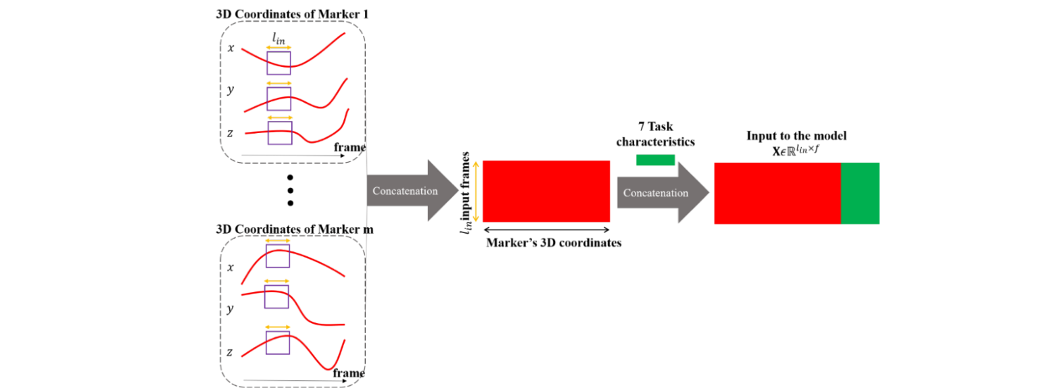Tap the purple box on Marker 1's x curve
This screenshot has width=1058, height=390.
click(279, 63)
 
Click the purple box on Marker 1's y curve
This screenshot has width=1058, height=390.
click(279, 99)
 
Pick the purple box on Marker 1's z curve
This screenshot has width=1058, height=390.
click(280, 132)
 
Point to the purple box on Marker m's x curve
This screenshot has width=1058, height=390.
click(277, 256)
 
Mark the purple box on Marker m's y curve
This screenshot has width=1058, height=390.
click(276, 297)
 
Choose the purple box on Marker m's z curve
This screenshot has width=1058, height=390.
click(277, 342)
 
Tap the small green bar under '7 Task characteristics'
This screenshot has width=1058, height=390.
click(655, 160)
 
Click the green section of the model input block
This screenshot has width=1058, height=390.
click(859, 193)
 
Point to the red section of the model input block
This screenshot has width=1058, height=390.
click(777, 193)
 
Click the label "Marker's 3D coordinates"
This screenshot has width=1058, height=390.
click(553, 244)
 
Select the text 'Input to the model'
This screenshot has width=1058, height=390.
click(796, 136)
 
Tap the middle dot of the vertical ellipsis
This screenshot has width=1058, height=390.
click(291, 189)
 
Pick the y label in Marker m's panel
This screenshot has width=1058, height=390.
click(230, 309)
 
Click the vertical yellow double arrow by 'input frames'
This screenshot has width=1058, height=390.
click(477, 191)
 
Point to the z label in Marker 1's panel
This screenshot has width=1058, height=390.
click(231, 133)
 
